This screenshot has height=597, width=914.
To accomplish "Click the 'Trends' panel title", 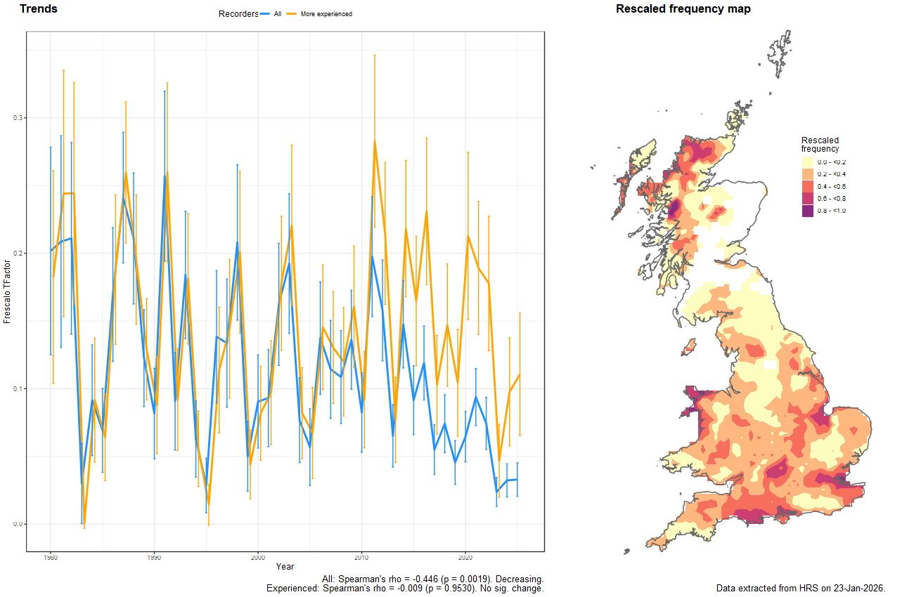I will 39,9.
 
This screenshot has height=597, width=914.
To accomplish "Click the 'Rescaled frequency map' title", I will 683,9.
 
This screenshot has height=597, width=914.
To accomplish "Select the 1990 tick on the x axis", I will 154,558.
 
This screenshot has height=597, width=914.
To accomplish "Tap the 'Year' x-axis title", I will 285,566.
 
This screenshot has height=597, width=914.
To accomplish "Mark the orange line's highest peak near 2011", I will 375,140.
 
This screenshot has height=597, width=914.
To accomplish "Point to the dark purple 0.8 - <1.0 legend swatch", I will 808,211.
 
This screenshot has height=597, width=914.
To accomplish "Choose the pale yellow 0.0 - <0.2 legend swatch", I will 808,162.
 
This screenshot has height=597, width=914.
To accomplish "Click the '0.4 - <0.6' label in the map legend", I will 831,186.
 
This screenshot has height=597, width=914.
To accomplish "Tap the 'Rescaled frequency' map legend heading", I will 820,144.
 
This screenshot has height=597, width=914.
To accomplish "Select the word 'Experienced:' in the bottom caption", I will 291,588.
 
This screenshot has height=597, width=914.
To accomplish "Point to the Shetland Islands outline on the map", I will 780,49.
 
